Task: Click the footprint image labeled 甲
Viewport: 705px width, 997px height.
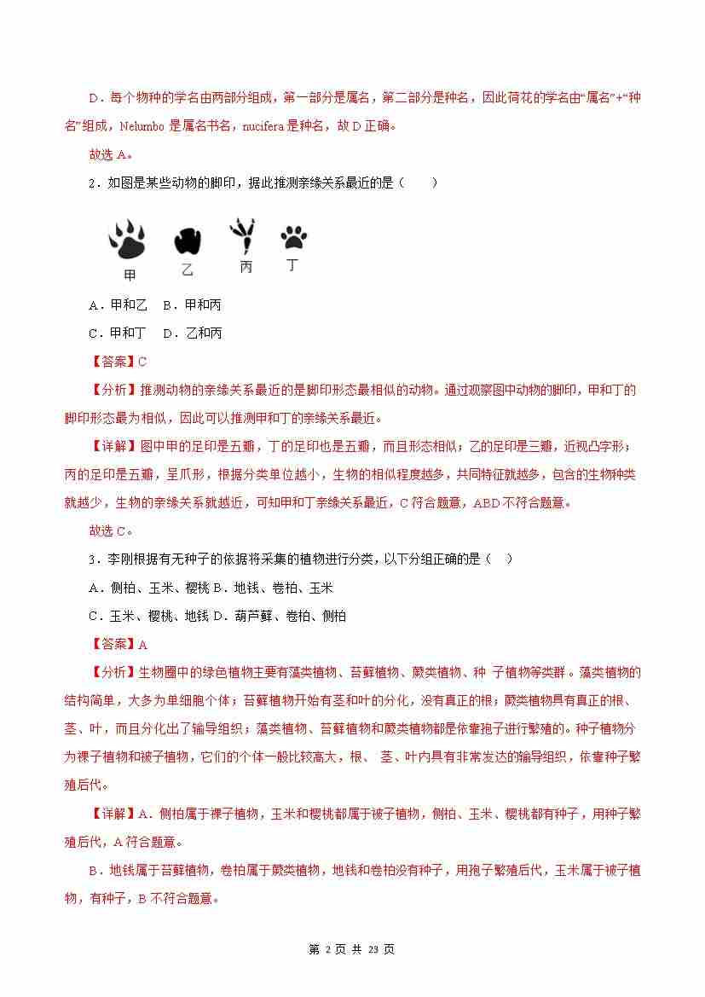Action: (127, 240)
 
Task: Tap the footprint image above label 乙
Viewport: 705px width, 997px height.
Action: (187, 241)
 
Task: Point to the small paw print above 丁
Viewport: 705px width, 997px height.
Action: (293, 237)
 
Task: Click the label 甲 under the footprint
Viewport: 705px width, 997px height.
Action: (130, 275)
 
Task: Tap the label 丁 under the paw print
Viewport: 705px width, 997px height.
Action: (292, 265)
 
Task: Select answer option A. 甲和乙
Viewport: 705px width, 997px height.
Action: (118, 304)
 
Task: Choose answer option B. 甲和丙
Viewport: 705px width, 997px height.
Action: (192, 304)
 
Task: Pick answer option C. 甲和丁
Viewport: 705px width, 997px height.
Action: (118, 333)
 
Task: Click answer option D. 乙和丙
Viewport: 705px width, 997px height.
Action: (193, 333)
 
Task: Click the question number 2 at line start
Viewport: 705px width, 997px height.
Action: (92, 183)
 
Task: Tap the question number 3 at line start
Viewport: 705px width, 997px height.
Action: (92, 559)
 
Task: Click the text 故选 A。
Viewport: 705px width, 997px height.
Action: (110, 154)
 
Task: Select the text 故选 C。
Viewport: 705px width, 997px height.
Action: (110, 530)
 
